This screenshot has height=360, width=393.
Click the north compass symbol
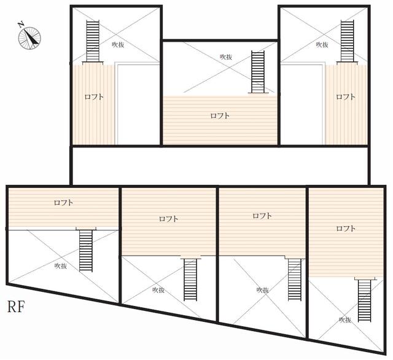(28, 36)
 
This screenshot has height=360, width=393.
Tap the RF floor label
(17, 306)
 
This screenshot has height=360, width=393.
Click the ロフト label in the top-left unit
(94, 96)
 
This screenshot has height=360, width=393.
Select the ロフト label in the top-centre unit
(220, 115)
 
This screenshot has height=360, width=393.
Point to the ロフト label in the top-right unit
(346, 96)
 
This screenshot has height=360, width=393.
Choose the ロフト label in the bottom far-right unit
(346, 229)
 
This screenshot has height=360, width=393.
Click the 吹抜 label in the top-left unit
(119, 44)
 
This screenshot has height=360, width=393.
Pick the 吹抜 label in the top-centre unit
(226, 57)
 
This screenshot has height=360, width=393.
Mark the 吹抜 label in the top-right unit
(322, 44)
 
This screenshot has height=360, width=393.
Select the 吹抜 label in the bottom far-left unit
(60, 266)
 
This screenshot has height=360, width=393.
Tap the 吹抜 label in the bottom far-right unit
(345, 319)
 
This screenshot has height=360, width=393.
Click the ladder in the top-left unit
(93, 41)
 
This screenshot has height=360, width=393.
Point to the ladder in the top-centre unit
(257, 72)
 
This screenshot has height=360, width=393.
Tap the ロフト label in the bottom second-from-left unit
(169, 219)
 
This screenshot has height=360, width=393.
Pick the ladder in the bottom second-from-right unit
(295, 279)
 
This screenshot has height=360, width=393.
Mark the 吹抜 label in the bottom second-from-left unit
(158, 289)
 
